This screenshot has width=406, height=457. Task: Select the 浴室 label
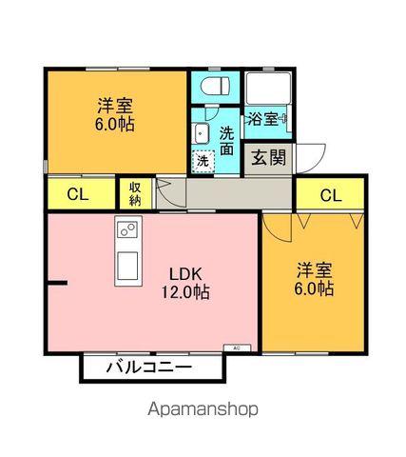coord(263,119)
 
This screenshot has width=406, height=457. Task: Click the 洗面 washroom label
coord(227,140)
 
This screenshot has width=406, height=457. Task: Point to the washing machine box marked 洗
coord(203,161)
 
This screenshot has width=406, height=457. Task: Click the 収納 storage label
coord(133,193)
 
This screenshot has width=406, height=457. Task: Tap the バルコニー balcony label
coord(148,367)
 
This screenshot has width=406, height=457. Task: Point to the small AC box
coord(236,348)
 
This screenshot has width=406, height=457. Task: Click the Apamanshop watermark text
coord(203,410)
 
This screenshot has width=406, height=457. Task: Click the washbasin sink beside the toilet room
coord(202,131)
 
